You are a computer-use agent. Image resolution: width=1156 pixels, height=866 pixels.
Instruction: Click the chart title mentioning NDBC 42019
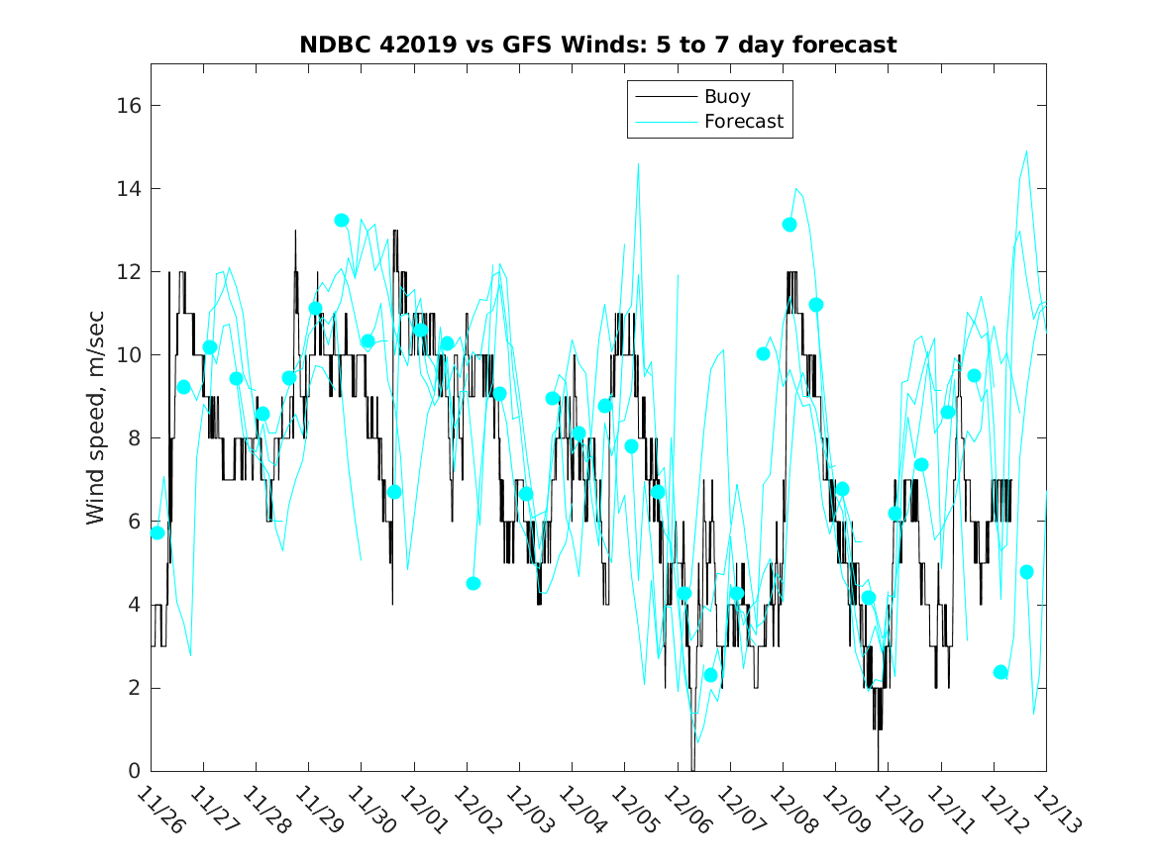pos(598,46)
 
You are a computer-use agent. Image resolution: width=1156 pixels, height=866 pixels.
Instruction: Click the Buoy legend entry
pos(726,97)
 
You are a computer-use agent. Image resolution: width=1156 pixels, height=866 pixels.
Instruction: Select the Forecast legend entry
pos(743,122)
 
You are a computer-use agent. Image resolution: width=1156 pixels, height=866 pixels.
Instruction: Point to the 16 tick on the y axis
pos(128,106)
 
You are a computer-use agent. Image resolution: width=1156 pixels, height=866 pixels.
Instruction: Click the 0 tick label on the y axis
pos(134,771)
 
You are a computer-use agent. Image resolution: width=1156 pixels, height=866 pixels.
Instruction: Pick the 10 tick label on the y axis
pos(128,355)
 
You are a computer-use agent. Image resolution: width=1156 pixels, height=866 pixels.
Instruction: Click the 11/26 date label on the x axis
pos(160,810)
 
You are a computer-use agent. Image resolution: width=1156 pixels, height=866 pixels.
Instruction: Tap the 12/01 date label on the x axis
pos(424,810)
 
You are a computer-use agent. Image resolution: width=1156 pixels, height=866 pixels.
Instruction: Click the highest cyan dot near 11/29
pos(342,220)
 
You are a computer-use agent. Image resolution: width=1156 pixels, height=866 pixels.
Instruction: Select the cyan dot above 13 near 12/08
pos(789,225)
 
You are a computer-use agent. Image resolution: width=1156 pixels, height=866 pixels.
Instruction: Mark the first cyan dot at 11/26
pos(158,532)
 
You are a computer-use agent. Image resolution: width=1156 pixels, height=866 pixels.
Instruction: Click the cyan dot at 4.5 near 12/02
pos(473,583)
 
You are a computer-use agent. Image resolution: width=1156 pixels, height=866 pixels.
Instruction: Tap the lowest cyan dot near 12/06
pos(710,675)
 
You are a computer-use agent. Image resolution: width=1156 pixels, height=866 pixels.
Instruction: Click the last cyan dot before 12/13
pos(1026,572)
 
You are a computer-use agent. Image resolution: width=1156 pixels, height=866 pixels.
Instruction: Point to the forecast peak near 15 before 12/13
pos(1026,151)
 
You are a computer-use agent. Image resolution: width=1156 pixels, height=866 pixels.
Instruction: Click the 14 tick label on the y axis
pos(128,189)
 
